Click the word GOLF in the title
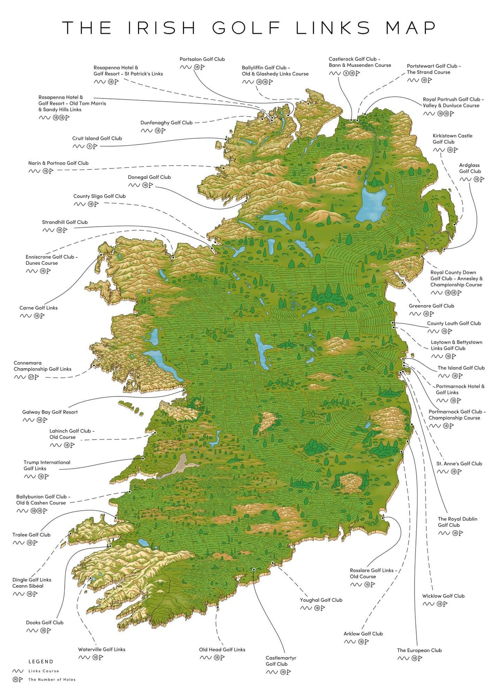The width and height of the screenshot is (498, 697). [247, 28]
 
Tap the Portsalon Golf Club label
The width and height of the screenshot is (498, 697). [202, 59]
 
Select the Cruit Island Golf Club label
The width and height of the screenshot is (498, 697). [97, 138]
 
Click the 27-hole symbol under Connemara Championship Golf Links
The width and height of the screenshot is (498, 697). [31, 377]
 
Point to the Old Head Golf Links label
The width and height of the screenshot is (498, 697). [222, 650]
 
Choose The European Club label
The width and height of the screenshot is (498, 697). [419, 651]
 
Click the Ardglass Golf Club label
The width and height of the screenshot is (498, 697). [470, 168]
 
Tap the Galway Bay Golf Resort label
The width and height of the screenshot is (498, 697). [50, 412]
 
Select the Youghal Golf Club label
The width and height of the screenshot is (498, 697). [321, 600]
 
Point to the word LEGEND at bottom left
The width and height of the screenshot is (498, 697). [41, 662]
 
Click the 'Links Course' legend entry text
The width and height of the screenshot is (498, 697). [44, 671]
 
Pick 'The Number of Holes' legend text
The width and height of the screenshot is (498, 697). [52, 680]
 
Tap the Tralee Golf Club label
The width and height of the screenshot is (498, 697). [31, 535]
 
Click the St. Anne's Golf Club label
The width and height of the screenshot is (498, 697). [459, 464]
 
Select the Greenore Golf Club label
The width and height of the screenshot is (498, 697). [431, 306]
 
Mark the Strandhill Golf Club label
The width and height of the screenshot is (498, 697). [65, 222]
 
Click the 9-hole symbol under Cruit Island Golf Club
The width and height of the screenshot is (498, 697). [89, 146]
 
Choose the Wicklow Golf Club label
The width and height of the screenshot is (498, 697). [443, 596]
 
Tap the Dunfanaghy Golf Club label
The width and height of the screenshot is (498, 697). [166, 123]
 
